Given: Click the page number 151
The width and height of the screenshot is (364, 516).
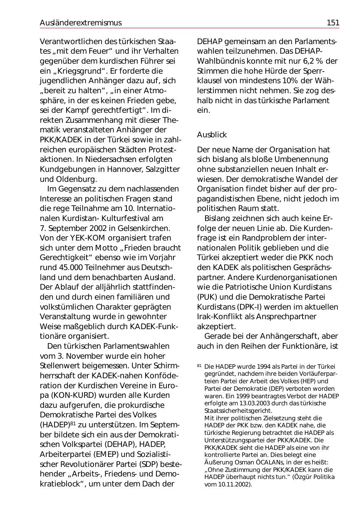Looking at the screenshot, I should coord(333,23).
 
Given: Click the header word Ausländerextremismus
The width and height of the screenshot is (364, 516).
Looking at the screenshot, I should coord(81,23).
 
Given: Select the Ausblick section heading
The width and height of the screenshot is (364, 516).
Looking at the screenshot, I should coord(212,135).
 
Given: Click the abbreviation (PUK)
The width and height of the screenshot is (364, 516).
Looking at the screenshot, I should coord(208,297).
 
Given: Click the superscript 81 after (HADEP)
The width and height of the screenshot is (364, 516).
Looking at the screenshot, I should coord(73,423).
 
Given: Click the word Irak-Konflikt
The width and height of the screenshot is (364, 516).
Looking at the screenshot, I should coord(221,317).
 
